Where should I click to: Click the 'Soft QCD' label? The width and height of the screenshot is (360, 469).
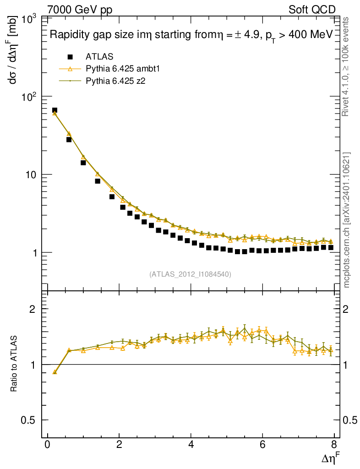point(312,10)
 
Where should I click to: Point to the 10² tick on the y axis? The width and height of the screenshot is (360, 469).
point(30,97)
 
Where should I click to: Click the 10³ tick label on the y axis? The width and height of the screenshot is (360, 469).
point(30,19)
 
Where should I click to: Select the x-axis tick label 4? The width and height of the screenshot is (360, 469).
point(191,445)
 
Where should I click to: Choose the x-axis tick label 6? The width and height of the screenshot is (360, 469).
point(262,445)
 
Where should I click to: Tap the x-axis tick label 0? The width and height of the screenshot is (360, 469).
point(48,445)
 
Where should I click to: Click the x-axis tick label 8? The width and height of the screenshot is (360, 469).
point(334,445)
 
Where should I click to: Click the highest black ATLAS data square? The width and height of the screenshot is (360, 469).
point(55,110)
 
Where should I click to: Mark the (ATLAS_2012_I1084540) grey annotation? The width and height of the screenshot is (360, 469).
point(190,274)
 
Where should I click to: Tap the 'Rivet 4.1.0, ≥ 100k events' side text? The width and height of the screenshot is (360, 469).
point(346,66)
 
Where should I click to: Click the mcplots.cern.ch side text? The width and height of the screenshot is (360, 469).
point(346,220)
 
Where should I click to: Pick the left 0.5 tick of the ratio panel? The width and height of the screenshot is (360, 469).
point(31,420)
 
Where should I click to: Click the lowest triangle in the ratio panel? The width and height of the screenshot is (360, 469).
point(55,372)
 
